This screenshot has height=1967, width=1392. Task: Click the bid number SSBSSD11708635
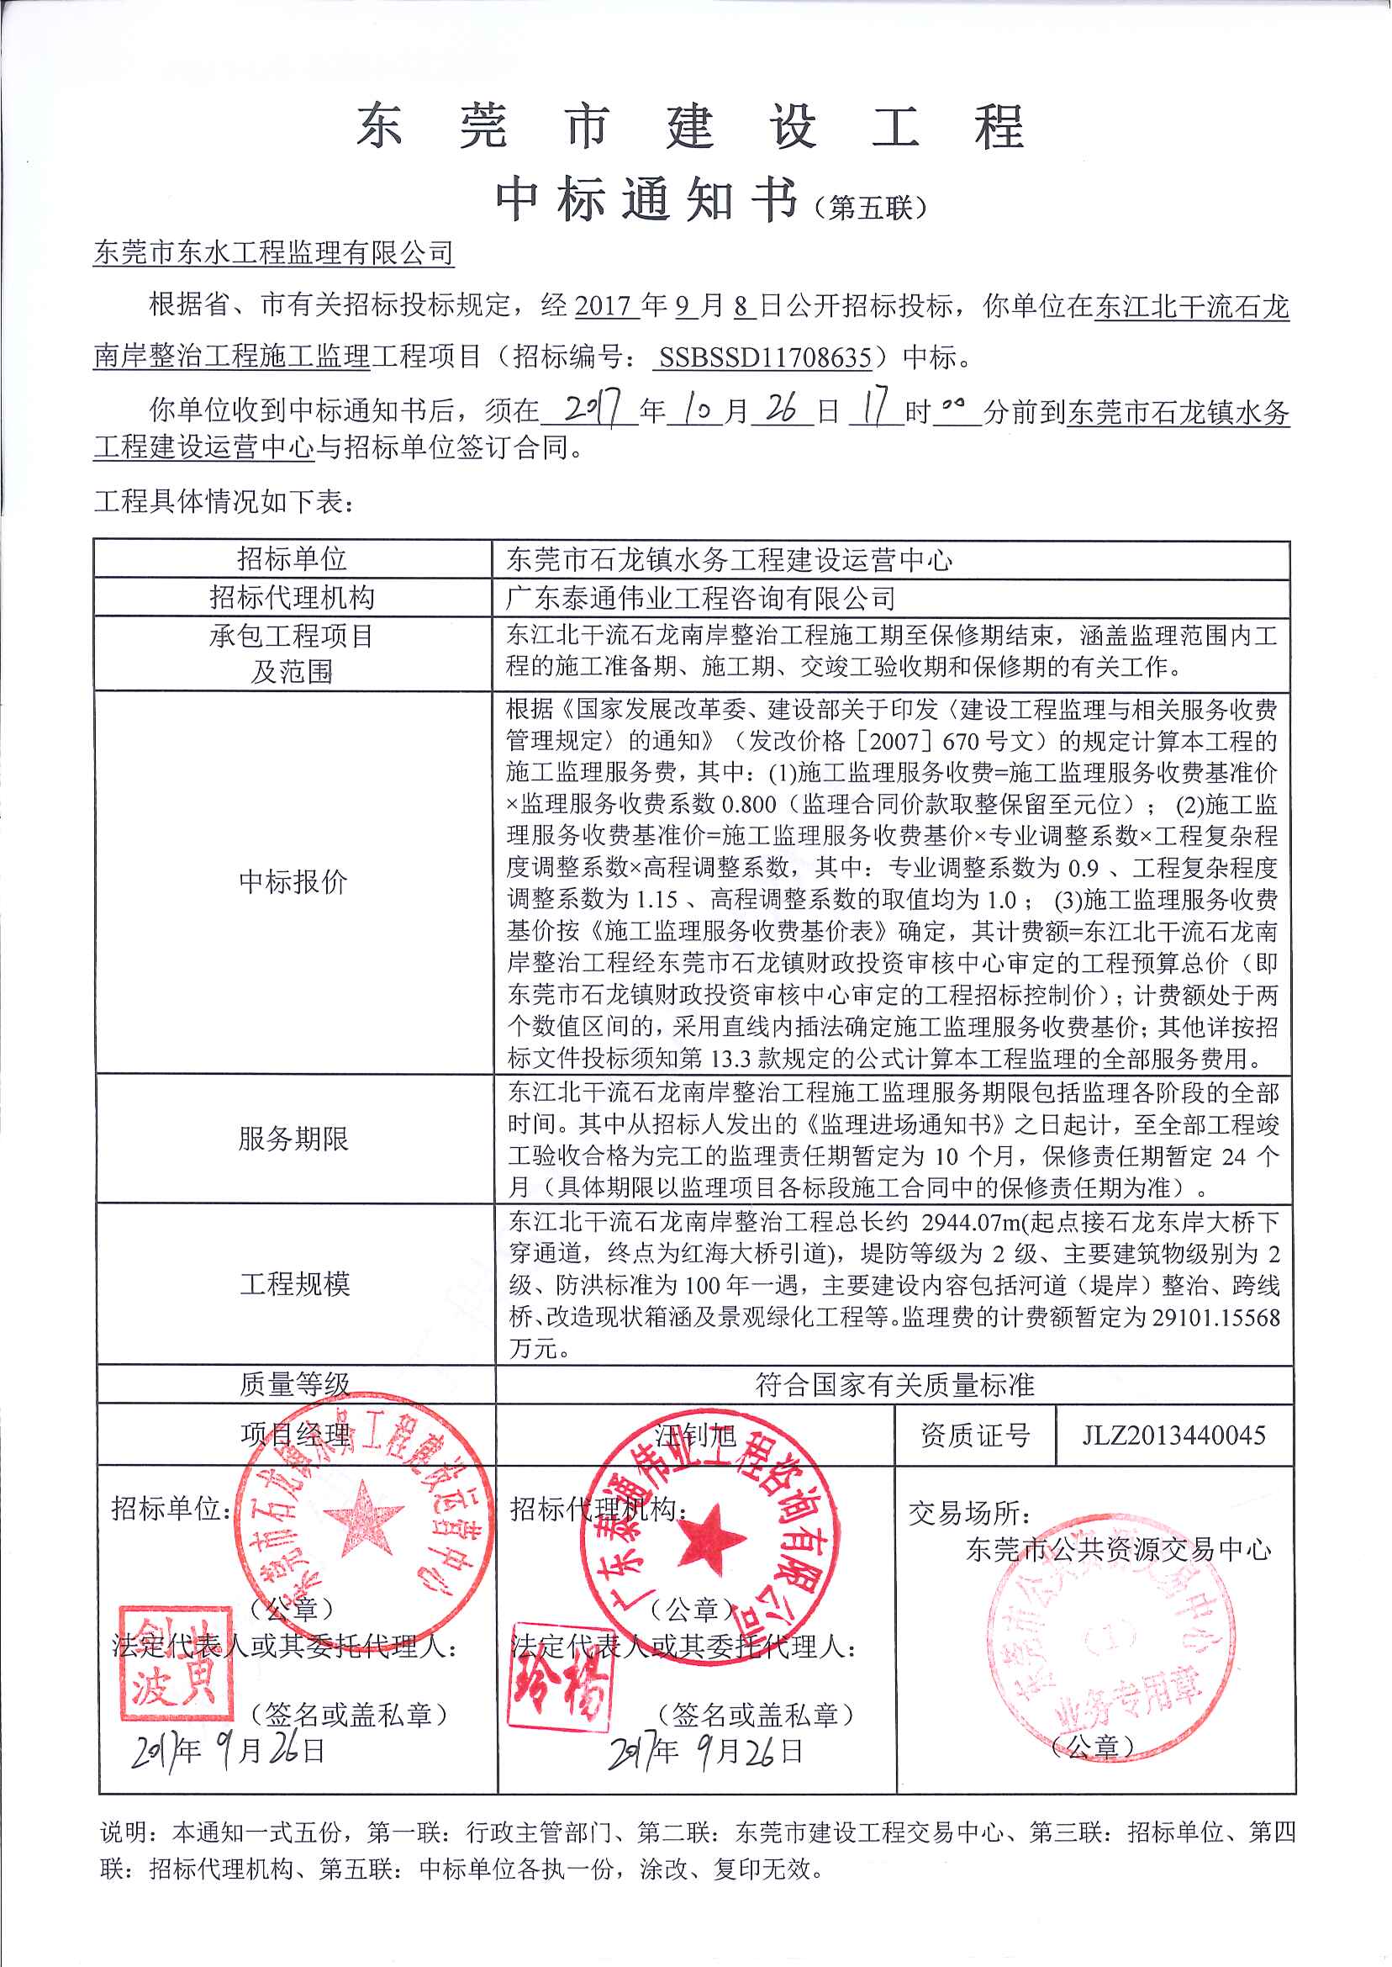tap(765, 357)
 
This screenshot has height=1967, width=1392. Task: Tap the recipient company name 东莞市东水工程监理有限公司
tap(273, 252)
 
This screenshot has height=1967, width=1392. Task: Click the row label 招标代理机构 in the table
tap(293, 597)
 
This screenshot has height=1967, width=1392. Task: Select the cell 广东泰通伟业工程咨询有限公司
tap(700, 598)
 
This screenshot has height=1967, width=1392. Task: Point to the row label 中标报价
tap(293, 881)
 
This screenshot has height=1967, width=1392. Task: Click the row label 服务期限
tap(293, 1139)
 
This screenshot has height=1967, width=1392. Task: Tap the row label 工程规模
tap(294, 1283)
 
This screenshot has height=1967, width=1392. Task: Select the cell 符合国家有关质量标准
tap(894, 1385)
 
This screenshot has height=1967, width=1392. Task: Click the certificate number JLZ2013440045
tap(1173, 1435)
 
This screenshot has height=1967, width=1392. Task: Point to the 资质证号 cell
tap(974, 1435)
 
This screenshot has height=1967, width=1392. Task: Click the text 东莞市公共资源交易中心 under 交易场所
tap(1118, 1548)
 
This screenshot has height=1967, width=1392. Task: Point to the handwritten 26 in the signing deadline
tap(781, 410)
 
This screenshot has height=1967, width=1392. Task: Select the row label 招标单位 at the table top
tap(293, 559)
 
